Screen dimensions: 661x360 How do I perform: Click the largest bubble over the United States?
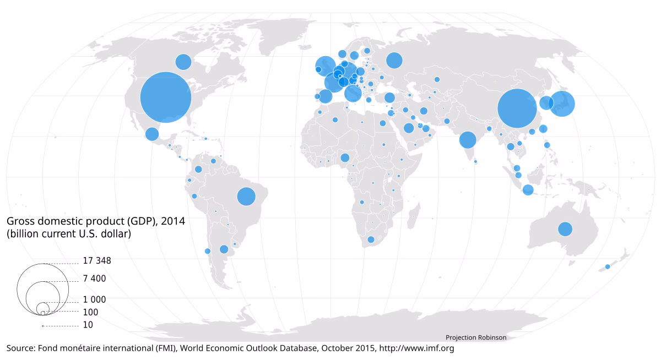[166, 97]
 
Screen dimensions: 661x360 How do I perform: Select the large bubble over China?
[517, 108]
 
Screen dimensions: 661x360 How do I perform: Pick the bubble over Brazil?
[246, 196]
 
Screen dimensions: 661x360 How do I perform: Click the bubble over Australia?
[565, 228]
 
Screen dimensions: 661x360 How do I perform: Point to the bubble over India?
[467, 140]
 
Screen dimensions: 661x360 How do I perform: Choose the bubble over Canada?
[183, 62]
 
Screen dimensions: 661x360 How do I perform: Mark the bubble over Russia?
[394, 61]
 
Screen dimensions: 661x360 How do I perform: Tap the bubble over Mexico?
[152, 134]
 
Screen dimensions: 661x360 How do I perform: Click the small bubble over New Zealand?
[608, 266]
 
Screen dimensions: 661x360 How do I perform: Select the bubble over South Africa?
[371, 239]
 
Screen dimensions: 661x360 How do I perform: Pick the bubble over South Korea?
[546, 103]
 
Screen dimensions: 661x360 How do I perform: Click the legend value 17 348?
[97, 261]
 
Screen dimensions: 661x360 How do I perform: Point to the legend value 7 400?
[94, 279]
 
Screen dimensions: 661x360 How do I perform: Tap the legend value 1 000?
[94, 300]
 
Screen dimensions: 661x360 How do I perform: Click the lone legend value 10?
[88, 325]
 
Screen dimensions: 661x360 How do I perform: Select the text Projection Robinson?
[475, 337]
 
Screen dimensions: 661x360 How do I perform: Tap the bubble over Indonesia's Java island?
[528, 190]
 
